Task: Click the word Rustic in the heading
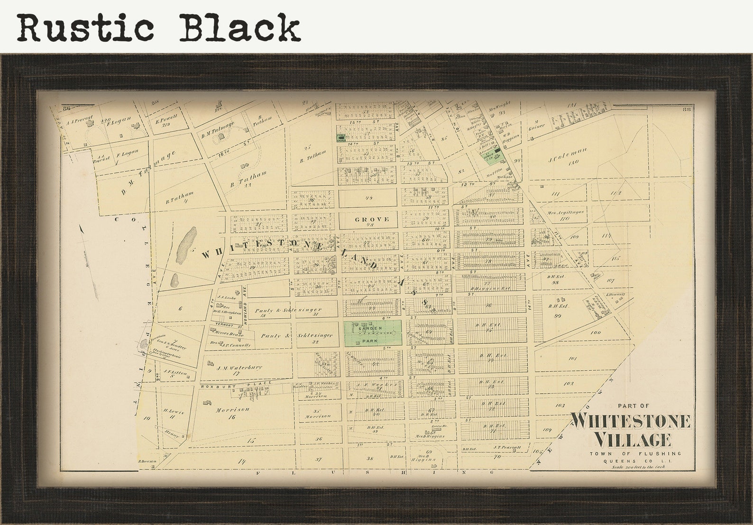coord(86,28)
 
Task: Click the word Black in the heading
coord(239,28)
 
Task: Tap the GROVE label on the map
coord(372,219)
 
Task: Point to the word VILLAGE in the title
coord(632,439)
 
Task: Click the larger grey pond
coord(186,244)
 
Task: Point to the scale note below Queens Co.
coord(638,467)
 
